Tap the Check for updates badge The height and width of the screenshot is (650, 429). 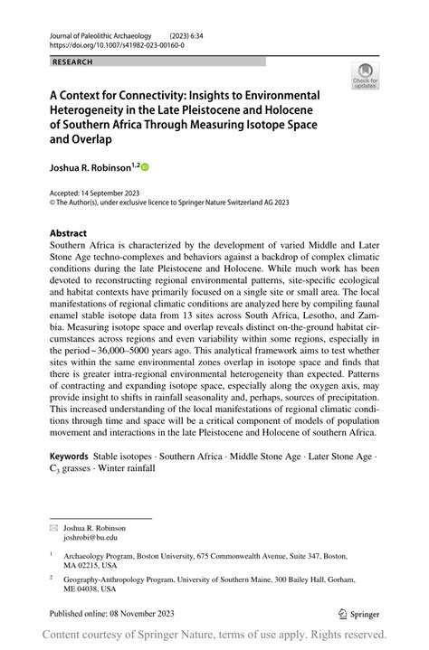tap(367, 75)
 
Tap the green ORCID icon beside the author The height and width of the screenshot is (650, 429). tap(144, 166)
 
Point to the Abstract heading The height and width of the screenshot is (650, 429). tap(69, 232)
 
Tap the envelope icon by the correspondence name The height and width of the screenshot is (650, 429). tap(53, 526)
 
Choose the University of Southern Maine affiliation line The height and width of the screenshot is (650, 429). tap(207, 581)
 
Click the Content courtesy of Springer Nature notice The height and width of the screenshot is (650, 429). tap(214, 635)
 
